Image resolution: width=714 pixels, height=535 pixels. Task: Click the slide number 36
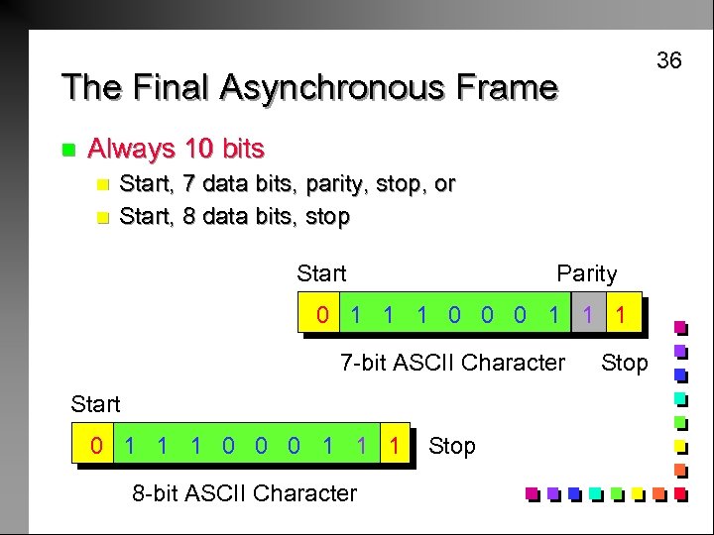click(x=669, y=61)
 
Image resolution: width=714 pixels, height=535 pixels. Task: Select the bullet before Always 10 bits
click(x=67, y=150)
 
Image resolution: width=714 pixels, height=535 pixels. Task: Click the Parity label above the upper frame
click(x=586, y=273)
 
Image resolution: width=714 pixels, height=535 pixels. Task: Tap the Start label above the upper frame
click(x=321, y=273)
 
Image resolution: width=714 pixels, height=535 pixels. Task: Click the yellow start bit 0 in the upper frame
click(x=321, y=316)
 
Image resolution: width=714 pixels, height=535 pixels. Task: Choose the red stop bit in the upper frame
click(x=621, y=316)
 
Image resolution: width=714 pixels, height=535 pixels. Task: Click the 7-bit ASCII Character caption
click(x=452, y=363)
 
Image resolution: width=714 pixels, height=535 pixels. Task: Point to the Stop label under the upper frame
click(x=624, y=363)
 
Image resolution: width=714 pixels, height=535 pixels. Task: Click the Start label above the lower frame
click(x=95, y=403)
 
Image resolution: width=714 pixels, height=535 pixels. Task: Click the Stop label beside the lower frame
click(x=452, y=446)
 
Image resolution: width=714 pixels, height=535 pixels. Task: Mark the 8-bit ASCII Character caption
click(x=244, y=492)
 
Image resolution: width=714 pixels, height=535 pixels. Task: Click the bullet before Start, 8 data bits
click(x=99, y=217)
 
